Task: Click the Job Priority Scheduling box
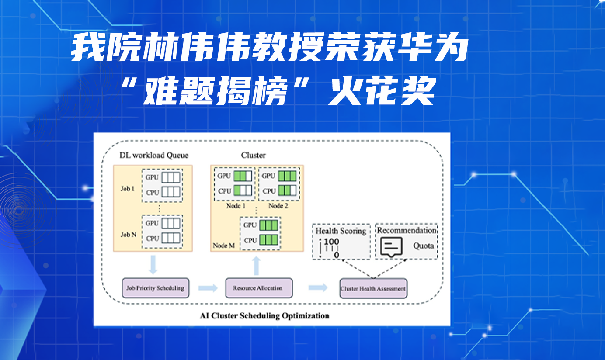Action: [155, 288]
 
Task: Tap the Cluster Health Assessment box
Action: [373, 289]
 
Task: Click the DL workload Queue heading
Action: [154, 155]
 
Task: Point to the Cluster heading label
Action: [253, 155]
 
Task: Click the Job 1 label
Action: [127, 189]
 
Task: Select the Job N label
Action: [129, 235]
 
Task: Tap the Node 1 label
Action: [235, 205]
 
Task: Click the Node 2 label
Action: [278, 205]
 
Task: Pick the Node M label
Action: [224, 246]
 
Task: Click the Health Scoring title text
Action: [341, 231]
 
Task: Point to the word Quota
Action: [423, 246]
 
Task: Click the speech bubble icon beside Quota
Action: [391, 247]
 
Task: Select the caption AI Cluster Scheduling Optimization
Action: [264, 315]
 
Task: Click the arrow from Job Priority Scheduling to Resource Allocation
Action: [207, 288]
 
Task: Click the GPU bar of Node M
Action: [268, 225]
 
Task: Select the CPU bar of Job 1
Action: [170, 192]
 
